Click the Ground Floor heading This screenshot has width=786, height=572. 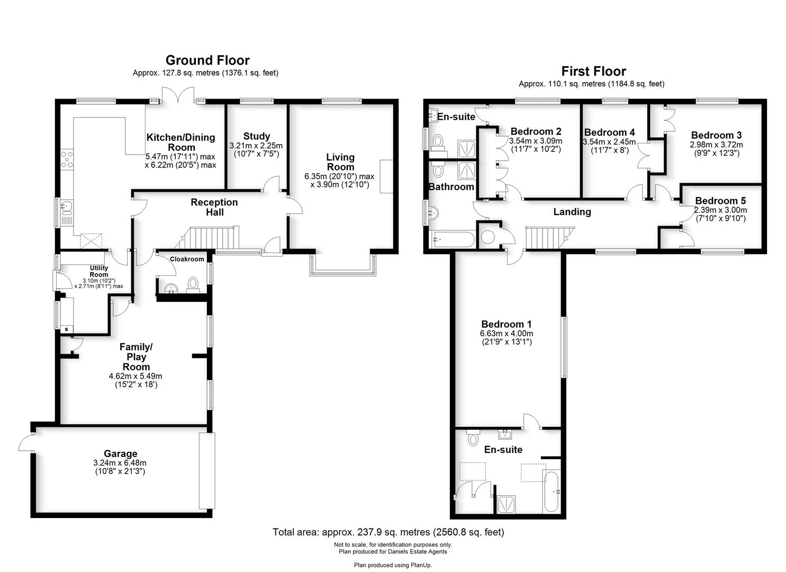207,60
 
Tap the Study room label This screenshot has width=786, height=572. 257,136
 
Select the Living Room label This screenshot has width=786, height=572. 340,162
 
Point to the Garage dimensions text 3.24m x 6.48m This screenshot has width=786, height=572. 120,463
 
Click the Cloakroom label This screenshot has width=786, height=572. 187,259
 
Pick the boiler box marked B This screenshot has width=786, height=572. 66,329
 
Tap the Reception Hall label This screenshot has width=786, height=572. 214,207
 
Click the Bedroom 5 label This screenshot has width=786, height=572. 720,201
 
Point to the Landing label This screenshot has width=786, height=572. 572,212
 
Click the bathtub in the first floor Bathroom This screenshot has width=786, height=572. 454,239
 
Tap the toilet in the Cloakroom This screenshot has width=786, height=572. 193,283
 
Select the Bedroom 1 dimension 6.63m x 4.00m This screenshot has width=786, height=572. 507,334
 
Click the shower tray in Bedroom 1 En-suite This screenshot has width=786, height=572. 507,504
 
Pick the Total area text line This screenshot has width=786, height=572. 388,532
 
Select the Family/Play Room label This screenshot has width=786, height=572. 136,356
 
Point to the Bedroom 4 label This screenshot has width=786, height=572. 609,132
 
